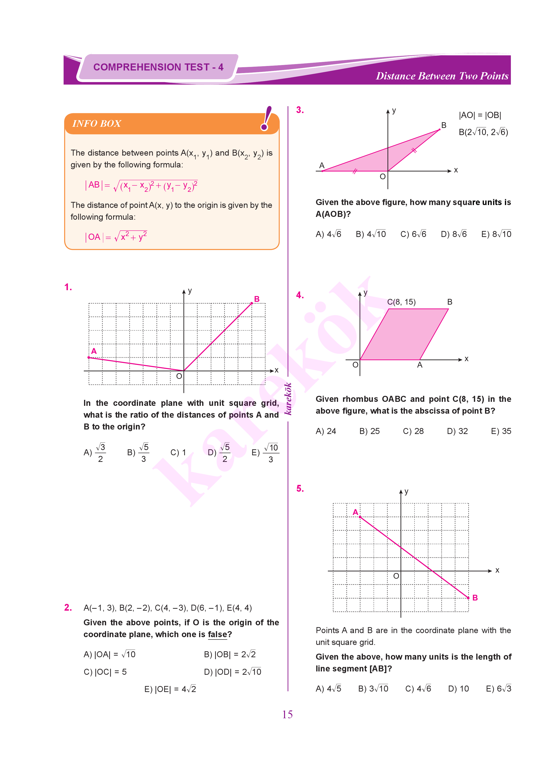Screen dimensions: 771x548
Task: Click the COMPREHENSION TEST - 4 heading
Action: click(158, 67)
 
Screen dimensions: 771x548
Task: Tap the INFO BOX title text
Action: click(97, 124)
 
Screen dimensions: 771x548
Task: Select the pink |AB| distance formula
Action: click(141, 186)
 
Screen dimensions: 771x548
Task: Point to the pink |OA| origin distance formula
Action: click(116, 237)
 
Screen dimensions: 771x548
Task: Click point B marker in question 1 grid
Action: click(252, 303)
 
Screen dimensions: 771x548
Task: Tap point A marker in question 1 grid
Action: click(89, 357)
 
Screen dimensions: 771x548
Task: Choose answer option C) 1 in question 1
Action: click(178, 452)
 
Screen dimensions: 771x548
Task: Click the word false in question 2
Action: click(217, 635)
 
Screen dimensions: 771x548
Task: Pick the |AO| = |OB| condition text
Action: click(480, 115)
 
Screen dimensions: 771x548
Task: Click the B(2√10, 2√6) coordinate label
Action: click(483, 132)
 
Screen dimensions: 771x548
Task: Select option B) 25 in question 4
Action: click(370, 431)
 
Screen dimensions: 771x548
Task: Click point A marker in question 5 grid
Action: click(360, 517)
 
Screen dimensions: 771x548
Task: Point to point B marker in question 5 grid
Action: click(468, 598)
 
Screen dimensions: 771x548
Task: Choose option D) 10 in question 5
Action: click(458, 689)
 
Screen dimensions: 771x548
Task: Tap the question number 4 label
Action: click(300, 295)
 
